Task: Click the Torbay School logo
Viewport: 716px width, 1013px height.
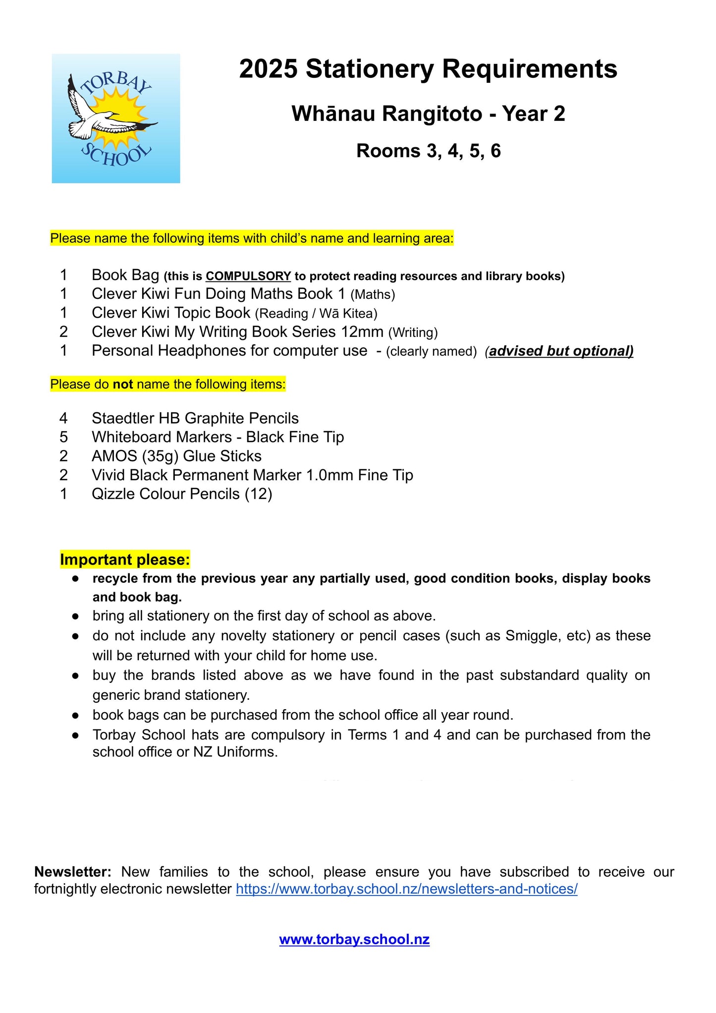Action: click(116, 118)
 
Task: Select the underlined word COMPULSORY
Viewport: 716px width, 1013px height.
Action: click(248, 276)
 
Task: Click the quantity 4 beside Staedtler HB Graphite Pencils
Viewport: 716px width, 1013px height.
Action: click(63, 418)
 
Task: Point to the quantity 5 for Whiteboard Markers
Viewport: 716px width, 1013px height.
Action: click(63, 437)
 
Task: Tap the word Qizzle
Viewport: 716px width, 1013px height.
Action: click(113, 494)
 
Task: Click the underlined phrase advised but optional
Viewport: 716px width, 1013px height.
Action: click(561, 351)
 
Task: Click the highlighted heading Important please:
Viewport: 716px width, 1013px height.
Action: click(125, 560)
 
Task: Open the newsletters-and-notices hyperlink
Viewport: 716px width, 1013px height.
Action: click(406, 889)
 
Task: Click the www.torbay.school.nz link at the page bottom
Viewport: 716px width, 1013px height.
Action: click(354, 939)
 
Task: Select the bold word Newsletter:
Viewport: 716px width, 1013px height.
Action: click(72, 872)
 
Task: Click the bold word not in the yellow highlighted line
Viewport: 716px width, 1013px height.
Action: click(123, 385)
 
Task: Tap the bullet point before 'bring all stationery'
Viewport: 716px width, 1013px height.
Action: click(75, 616)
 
